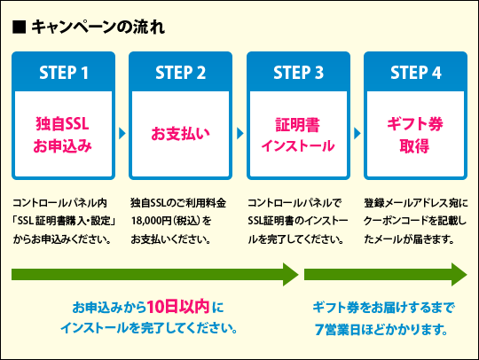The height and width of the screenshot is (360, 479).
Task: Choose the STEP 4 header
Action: (x=415, y=73)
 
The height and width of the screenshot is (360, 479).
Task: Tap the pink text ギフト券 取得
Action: (x=415, y=134)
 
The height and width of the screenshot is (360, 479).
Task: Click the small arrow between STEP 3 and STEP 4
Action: (x=357, y=134)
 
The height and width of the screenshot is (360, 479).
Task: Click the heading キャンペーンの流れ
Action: (x=97, y=27)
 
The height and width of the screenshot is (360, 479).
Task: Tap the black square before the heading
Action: (x=18, y=27)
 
